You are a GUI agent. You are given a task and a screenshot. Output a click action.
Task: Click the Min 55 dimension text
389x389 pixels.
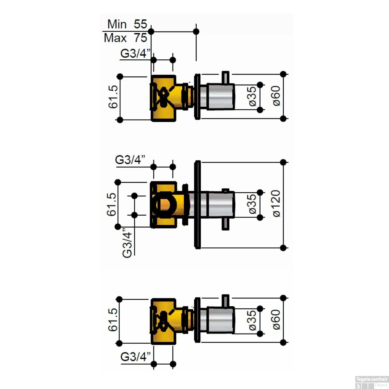pos(127,24)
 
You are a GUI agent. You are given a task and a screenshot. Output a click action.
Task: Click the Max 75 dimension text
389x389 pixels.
pos(126,38)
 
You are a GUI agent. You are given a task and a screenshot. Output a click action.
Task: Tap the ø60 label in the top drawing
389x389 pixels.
pos(276,96)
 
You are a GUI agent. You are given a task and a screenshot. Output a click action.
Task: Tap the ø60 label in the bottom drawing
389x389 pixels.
pos(276,319)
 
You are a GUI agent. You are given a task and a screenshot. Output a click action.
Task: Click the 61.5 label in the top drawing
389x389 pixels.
pos(113,97)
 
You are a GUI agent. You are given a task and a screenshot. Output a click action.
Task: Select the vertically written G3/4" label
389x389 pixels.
pos(127,243)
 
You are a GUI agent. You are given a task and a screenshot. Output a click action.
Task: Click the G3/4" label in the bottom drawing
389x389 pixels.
pos(135,357)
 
